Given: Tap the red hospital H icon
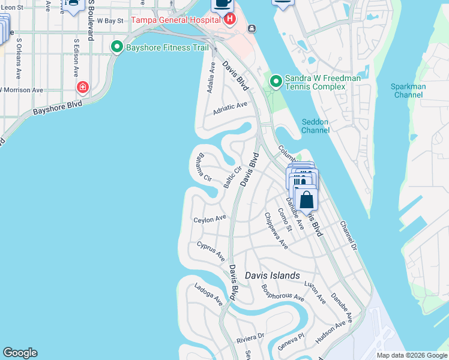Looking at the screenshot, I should tap(229, 20).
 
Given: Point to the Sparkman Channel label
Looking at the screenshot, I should tap(408, 91).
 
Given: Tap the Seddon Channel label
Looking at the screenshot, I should tap(315, 126).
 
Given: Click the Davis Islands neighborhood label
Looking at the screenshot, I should tap(273, 275).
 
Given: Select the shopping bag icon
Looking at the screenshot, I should tap(306, 199).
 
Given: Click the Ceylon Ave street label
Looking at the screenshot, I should tap(209, 220).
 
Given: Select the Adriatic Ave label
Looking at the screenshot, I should tap(231, 108).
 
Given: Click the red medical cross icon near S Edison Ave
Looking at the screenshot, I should tap(82, 88).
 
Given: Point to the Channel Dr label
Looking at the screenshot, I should tap(348, 235).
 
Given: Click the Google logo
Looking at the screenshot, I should tap(20, 353).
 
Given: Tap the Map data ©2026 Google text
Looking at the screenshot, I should tap(412, 355).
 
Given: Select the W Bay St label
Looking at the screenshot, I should tap(110, 20).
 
